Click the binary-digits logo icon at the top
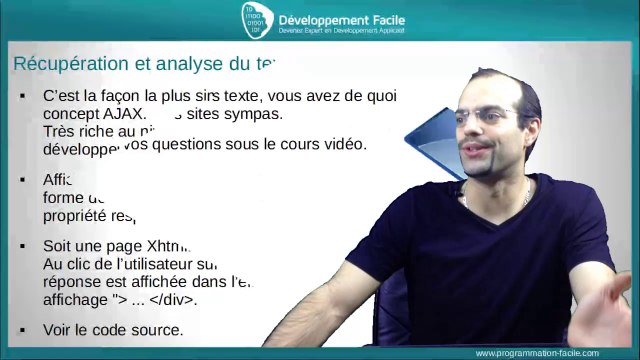(x=255, y=18)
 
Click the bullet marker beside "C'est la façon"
(x=21, y=96)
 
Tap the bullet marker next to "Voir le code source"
(x=21, y=330)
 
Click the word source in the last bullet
(x=161, y=330)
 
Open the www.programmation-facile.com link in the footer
(x=537, y=353)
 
